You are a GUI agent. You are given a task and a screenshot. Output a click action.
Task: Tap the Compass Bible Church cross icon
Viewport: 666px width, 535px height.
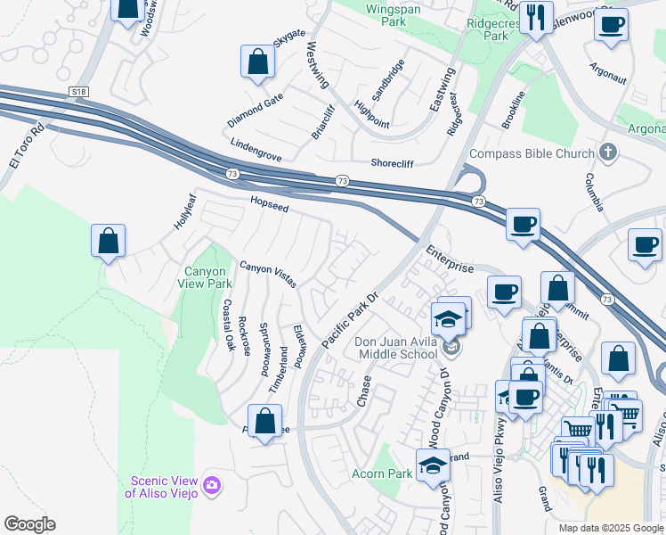click(x=609, y=152)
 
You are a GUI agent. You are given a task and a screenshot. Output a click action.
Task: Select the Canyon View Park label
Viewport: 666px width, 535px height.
click(x=207, y=277)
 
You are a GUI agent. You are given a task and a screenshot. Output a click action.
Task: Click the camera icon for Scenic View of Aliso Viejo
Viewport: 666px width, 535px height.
click(x=212, y=484)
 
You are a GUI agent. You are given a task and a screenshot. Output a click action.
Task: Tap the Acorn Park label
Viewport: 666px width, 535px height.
click(x=382, y=473)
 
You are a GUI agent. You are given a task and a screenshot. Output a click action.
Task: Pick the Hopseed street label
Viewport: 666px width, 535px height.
click(x=269, y=205)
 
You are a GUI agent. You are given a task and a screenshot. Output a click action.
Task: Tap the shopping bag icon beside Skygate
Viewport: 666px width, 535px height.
click(x=257, y=63)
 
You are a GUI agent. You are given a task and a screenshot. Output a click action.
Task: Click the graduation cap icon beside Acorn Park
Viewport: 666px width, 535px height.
click(x=433, y=467)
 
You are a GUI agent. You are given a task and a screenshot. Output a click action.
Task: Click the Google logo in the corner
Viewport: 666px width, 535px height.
click(x=29, y=524)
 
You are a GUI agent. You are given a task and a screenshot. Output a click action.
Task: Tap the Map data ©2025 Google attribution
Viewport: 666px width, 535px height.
click(x=611, y=528)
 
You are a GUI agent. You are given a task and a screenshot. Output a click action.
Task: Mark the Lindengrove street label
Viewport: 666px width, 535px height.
click(x=256, y=150)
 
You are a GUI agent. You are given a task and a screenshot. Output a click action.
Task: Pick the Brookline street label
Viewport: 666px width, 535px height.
click(x=513, y=110)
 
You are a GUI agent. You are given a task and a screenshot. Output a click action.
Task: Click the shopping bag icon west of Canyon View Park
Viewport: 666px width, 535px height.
click(x=108, y=241)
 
